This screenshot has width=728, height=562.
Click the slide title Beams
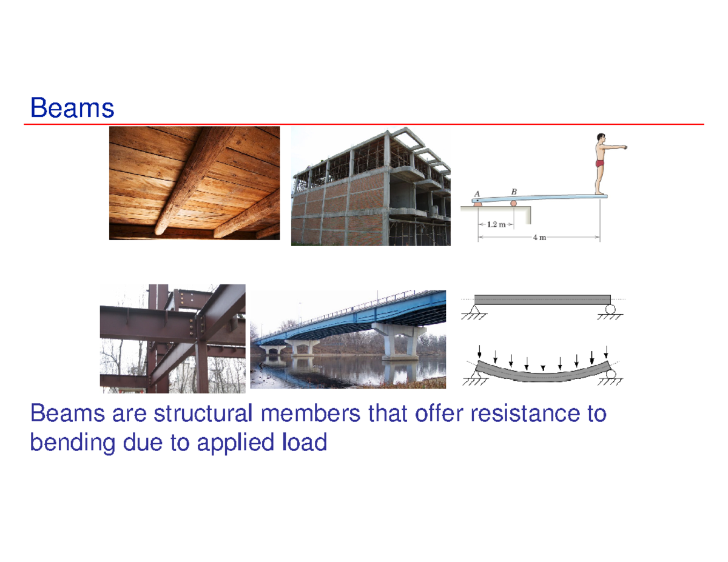[x=72, y=109]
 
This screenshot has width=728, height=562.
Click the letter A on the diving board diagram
[x=477, y=194]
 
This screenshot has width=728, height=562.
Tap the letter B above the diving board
[x=514, y=190]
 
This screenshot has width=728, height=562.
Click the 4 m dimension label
[x=539, y=237]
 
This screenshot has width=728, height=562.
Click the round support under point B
[x=514, y=203]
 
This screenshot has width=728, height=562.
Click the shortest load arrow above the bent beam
[x=543, y=367]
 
